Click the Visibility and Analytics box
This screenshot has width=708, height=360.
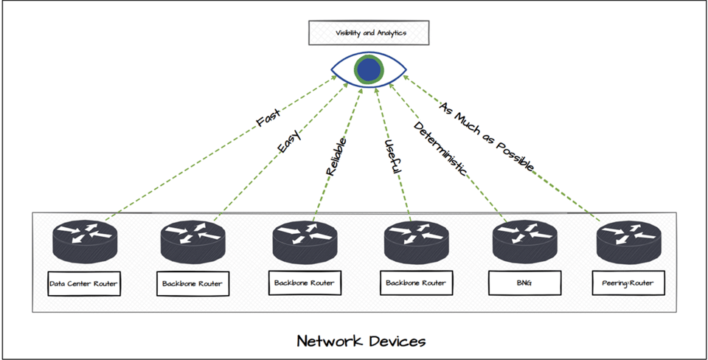pos(368,33)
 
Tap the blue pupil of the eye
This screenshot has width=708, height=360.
pos(369,69)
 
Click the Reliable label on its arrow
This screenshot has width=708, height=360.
pos(336,156)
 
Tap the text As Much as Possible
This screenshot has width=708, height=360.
pos(486,136)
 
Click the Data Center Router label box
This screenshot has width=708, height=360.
pos(83,283)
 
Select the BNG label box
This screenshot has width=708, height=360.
pos(525,283)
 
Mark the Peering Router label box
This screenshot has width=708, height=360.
pos(629,283)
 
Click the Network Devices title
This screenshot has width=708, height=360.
pos(361,341)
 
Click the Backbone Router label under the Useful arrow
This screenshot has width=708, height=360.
pos(415,283)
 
